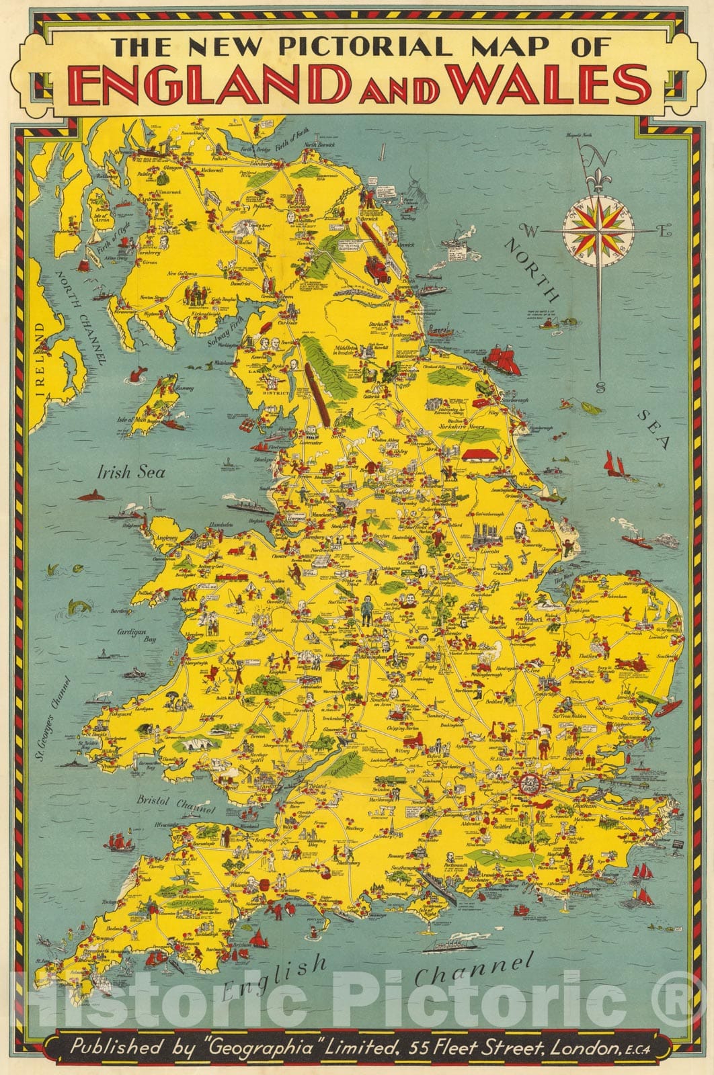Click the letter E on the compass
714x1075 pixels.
(664, 232)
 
